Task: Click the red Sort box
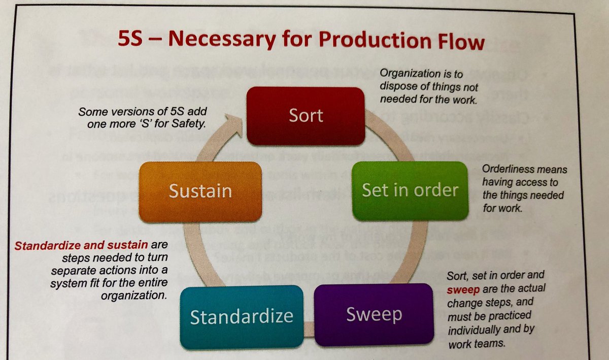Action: coord(306,115)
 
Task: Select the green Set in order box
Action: coord(410,190)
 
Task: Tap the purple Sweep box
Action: coord(374,314)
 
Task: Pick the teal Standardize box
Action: coord(242,316)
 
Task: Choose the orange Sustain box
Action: coord(200,191)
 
